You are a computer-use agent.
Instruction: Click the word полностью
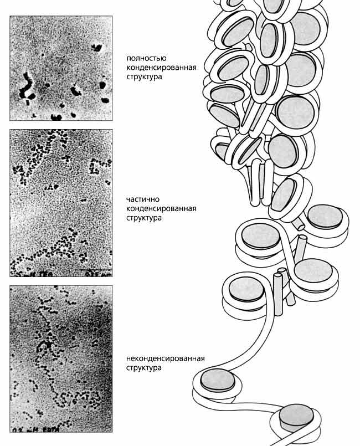point(147,58)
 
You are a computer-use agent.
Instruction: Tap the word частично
point(142,199)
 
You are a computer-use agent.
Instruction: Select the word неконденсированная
point(165,358)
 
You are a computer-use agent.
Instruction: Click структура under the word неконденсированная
point(144,368)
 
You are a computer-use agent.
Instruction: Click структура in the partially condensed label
point(144,218)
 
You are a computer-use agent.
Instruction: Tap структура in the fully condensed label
point(144,77)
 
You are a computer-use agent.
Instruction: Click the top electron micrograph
point(61,68)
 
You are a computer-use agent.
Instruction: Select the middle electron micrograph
point(61,203)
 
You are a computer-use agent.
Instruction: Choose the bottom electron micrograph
point(61,358)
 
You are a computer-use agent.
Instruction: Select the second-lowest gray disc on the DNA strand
point(218,380)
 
